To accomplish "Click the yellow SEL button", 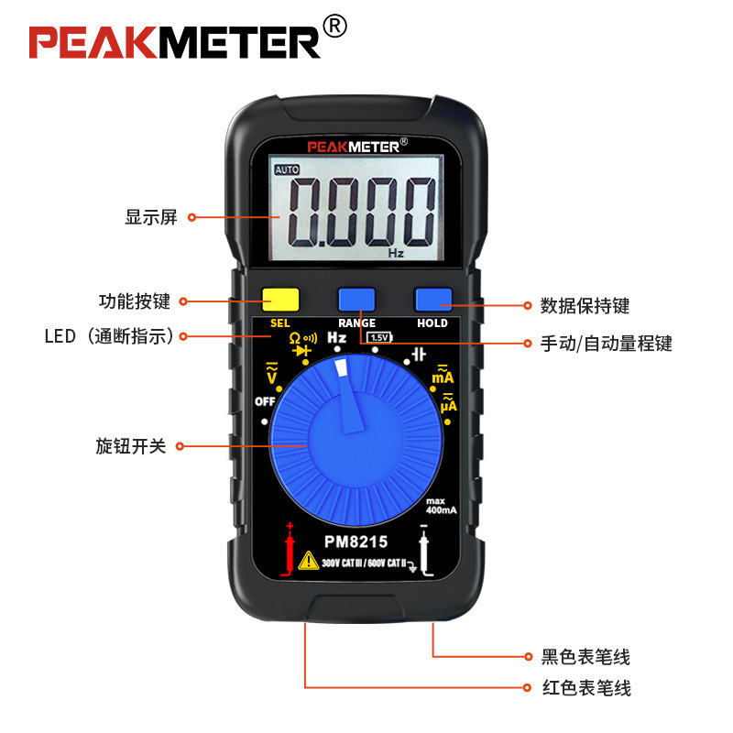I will coord(280,300).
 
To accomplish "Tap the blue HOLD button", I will coord(432,300).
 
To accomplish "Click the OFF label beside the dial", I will coord(265,401).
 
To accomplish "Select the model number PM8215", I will coord(356,542).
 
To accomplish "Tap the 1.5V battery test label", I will coord(379,337).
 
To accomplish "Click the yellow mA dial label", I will coord(443,375).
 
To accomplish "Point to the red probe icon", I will coord(290,550).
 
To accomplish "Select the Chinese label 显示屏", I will coord(151,218).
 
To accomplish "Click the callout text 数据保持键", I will coord(585,306).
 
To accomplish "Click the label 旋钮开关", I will coord(131,446).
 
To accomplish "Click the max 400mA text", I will coord(441,505).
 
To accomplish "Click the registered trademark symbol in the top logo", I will coord(336,27).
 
